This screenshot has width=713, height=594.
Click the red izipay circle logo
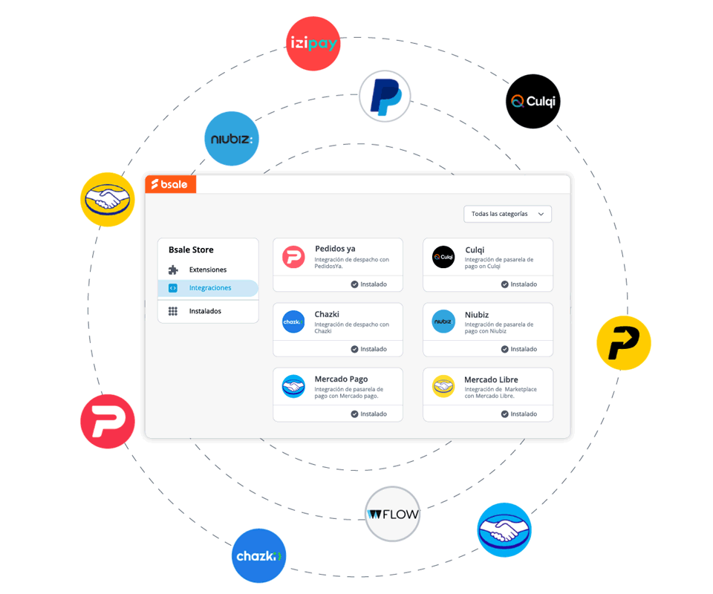pos(313,44)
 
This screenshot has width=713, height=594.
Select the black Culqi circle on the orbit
pos(533,102)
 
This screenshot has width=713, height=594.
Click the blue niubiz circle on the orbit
pos(232,139)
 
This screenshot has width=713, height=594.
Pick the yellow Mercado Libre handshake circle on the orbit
pos(108,200)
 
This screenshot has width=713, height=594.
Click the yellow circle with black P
pos(624,343)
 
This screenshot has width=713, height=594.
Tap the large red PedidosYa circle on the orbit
pos(108,421)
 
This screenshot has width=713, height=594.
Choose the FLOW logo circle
pos(392,514)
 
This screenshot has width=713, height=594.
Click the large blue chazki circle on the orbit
pos(259,555)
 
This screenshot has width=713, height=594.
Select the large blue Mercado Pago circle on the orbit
pos(504,530)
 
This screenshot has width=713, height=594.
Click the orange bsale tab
pos(171,184)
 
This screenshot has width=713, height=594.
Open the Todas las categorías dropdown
pos(507,214)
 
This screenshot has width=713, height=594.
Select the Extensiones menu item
pos(208,270)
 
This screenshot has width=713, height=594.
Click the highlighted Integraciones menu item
pos(209,288)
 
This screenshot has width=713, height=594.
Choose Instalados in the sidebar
pos(205,311)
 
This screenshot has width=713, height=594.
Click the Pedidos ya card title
pos(335,249)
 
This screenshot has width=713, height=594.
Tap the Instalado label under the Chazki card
pos(369,349)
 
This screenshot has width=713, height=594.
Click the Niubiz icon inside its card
pos(443,322)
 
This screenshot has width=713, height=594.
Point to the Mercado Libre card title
pos(491,379)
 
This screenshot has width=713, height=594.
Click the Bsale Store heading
pos(191,250)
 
